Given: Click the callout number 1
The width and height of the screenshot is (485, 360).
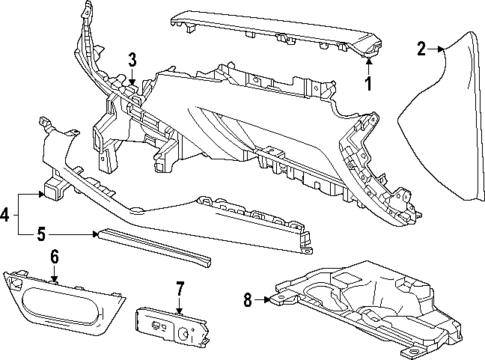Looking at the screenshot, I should coord(368,84).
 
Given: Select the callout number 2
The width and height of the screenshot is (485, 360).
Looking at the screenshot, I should coord(422,46).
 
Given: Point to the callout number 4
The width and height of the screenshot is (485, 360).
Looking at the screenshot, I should coord(7,212).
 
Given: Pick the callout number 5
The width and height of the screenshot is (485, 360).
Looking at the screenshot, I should coord(42,236).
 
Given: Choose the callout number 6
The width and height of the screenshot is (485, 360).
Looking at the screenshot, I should coord(54,257).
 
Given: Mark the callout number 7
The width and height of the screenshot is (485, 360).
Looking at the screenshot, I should coord(181,289).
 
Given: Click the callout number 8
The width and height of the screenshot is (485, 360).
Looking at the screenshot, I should coord(247,297).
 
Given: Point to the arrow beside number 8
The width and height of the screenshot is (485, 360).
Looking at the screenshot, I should coord(264,297).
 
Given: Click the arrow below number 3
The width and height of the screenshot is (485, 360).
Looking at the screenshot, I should coord(132,75).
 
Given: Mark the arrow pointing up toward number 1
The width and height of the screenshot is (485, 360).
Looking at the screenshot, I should coord(368,66).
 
